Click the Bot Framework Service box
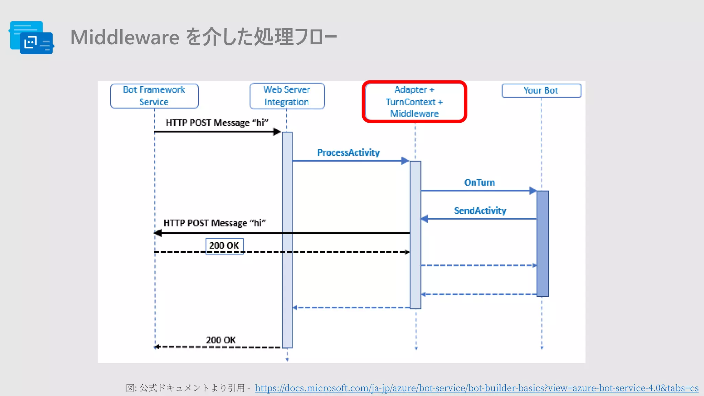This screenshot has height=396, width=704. (x=154, y=96)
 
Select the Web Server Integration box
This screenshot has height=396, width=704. (x=287, y=96)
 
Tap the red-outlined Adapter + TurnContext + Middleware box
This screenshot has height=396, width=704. (x=414, y=102)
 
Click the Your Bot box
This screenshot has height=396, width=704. (x=541, y=90)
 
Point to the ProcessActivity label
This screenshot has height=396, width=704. (x=348, y=153)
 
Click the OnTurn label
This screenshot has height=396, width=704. (x=480, y=183)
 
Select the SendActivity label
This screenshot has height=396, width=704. (x=480, y=211)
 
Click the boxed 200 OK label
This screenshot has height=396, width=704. (x=224, y=246)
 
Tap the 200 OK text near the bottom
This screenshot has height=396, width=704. (x=221, y=340)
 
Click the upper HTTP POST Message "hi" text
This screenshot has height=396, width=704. (x=217, y=123)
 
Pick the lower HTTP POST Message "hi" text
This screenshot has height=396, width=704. (x=214, y=223)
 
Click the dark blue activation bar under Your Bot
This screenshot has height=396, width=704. (x=542, y=243)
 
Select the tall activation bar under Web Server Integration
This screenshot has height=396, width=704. (x=287, y=240)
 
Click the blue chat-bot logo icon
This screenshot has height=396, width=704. (x=32, y=38)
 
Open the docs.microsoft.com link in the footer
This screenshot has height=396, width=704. (x=476, y=388)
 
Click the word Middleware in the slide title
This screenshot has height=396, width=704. (x=125, y=37)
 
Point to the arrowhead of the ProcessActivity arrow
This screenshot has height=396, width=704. (x=405, y=161)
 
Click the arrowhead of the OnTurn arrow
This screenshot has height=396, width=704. (x=533, y=190)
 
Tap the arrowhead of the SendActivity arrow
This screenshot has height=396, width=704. (x=425, y=219)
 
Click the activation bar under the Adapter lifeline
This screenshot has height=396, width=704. (x=415, y=235)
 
